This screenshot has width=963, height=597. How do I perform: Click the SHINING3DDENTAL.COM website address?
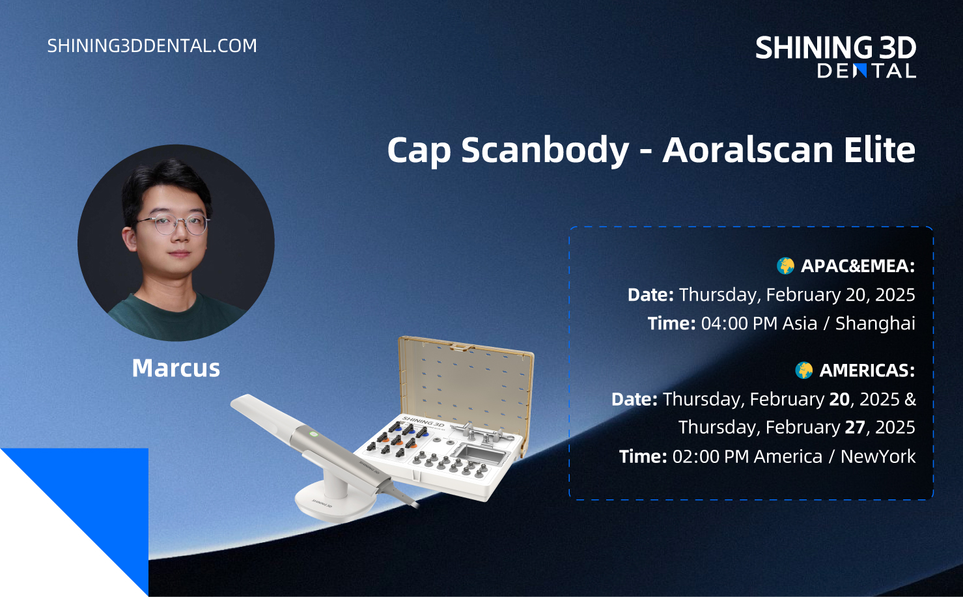tap(152, 46)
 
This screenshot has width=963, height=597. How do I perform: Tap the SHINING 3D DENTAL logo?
tap(836, 57)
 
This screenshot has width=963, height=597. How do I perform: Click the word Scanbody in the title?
tap(545, 150)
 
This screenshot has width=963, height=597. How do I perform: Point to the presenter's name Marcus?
tap(176, 368)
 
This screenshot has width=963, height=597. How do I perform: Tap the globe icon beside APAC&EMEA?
tap(785, 266)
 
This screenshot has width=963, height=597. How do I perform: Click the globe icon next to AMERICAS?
tap(803, 370)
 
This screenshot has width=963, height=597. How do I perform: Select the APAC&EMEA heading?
tap(858, 266)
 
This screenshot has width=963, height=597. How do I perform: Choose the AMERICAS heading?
tap(867, 370)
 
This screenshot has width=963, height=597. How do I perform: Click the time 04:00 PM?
tap(739, 324)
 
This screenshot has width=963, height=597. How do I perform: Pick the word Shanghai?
tap(875, 324)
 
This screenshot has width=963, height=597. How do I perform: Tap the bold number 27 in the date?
tap(855, 427)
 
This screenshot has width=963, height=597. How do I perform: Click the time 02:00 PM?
tap(710, 456)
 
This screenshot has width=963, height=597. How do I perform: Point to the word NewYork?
tap(878, 456)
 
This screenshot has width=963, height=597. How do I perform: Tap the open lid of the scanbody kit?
tap(466, 383)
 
